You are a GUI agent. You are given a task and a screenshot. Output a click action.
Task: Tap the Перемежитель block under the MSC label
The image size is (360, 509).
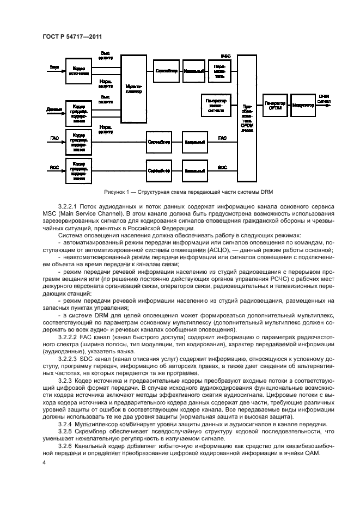pos(219,71)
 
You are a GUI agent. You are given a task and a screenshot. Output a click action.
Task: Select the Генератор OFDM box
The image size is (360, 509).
pos(274,106)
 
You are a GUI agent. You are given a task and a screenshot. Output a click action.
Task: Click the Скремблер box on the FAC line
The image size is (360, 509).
pos(159,142)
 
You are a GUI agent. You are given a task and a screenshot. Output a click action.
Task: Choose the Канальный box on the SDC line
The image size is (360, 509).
pos(194,170)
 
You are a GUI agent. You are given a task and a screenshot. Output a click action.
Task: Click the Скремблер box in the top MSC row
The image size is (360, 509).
pos(164,71)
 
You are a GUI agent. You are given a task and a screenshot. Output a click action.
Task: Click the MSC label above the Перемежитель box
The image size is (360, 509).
pos(225,56)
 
